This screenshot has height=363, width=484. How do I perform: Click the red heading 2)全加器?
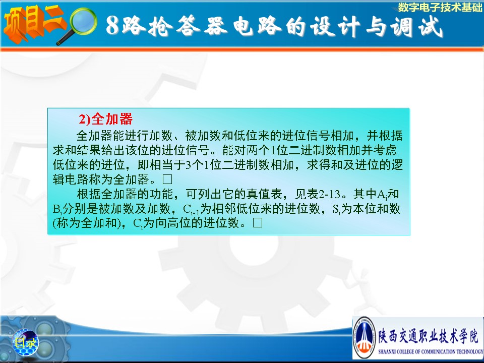click(x=105, y=119)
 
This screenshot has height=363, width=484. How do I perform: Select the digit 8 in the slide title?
click(x=112, y=25)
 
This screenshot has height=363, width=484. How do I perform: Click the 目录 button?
click(x=25, y=342)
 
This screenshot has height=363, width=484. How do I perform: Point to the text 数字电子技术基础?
click(x=440, y=8)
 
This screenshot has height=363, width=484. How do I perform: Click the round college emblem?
click(x=365, y=337)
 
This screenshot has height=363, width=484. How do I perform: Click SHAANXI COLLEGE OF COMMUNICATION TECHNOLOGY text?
click(x=431, y=351)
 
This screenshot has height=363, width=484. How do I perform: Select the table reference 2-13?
click(x=329, y=194)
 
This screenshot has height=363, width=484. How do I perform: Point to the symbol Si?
click(x=336, y=209)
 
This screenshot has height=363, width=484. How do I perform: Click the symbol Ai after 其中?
click(x=382, y=195)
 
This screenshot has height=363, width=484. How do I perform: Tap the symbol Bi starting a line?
click(x=57, y=209)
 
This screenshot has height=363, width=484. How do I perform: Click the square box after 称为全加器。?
click(x=167, y=179)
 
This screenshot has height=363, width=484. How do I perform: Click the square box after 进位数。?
click(x=258, y=223)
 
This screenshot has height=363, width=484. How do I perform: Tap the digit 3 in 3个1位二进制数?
click(x=189, y=165)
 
